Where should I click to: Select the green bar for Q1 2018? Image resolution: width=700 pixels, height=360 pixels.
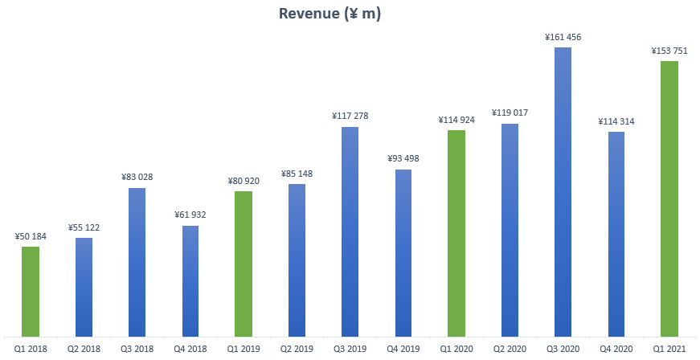(31, 291)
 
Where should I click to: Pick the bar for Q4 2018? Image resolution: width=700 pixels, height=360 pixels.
(190, 280)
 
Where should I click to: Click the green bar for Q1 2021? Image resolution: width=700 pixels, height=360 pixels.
(669, 198)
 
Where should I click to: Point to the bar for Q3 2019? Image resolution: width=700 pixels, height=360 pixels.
(350, 231)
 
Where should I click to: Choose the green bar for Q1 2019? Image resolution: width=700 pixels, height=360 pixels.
(244, 264)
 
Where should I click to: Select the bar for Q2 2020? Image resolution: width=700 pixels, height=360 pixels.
(510, 230)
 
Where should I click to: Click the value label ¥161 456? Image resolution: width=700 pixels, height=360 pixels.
(563, 37)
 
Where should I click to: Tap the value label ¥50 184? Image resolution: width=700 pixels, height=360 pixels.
(31, 236)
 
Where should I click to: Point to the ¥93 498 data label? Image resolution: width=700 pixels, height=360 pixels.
(403, 158)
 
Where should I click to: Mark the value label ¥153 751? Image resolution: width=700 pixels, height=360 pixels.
(669, 51)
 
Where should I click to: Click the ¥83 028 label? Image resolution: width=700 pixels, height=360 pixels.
(137, 178)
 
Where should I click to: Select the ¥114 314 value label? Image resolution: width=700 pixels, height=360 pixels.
(616, 121)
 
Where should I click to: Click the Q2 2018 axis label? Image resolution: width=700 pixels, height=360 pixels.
(84, 348)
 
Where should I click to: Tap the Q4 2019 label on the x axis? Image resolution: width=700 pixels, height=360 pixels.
(403, 348)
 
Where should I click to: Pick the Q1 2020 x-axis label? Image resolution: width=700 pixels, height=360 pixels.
(456, 348)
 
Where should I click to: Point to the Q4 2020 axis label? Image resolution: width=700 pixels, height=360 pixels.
(616, 348)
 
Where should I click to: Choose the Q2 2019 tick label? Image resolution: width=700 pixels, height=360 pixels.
(297, 348)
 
